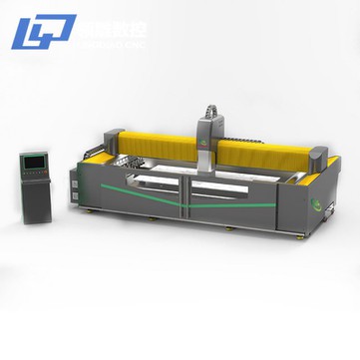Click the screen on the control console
pyautogui.click(x=36, y=163)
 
